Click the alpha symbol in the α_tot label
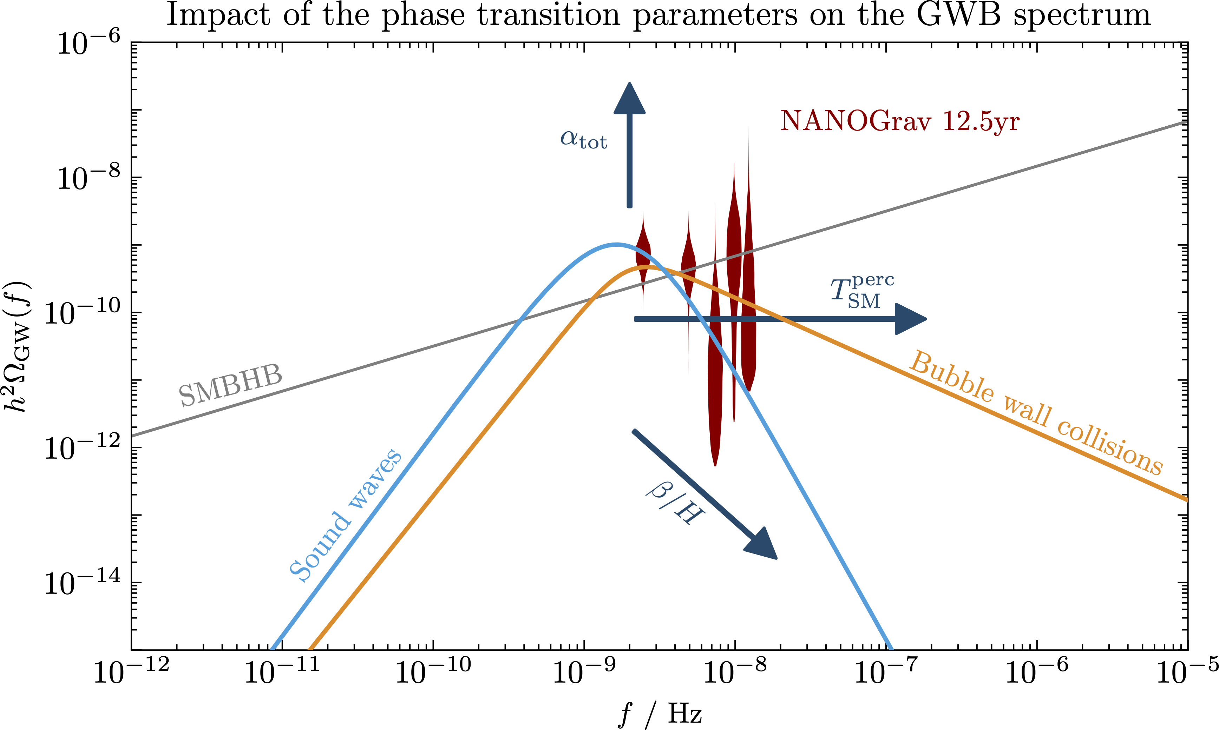point(569,137)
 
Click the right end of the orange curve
point(1186,499)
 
